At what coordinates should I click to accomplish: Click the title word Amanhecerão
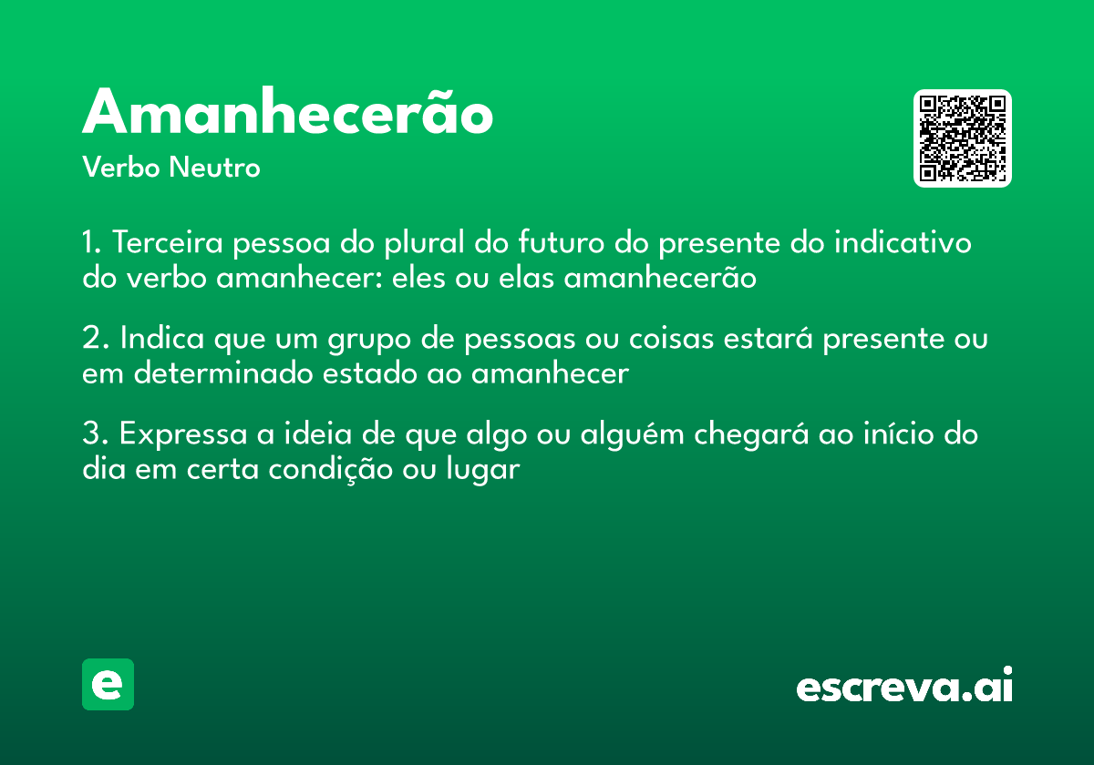tap(287, 114)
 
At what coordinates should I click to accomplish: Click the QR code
tap(963, 138)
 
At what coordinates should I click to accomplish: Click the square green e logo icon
tap(108, 684)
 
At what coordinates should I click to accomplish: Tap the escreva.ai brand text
tap(904, 686)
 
